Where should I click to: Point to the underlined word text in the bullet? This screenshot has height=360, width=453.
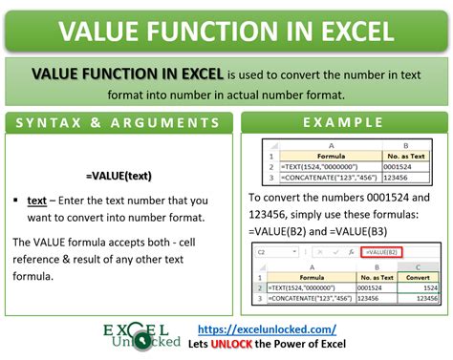click(37, 202)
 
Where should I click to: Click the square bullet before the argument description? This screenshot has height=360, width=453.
click(16, 202)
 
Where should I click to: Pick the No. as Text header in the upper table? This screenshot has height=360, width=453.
click(401, 153)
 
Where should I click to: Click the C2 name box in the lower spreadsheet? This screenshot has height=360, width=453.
click(262, 250)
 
